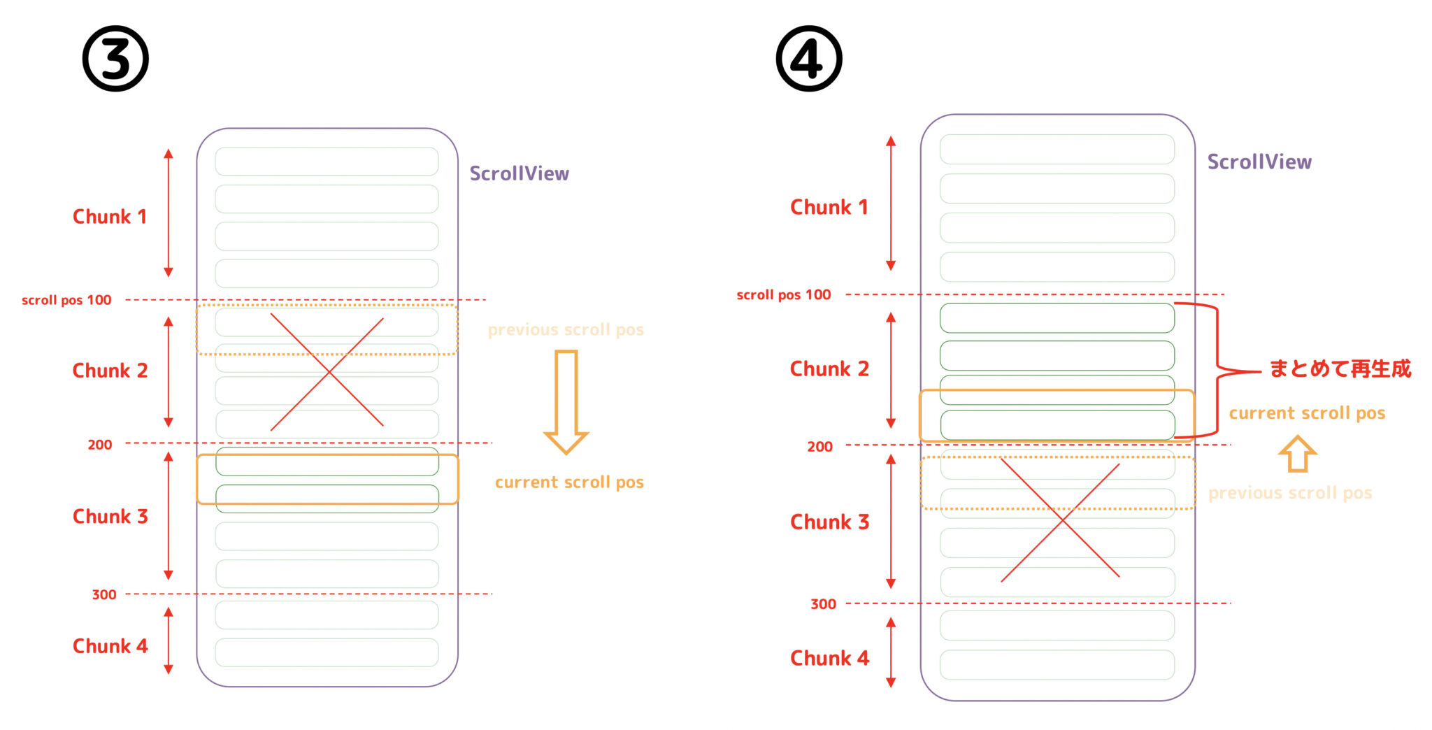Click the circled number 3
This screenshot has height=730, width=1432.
(x=115, y=59)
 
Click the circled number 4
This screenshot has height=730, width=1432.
(x=809, y=59)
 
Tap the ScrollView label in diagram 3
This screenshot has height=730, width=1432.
(x=519, y=173)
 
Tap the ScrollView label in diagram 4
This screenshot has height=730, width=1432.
(x=1259, y=162)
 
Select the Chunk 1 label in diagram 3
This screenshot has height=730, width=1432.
(x=110, y=217)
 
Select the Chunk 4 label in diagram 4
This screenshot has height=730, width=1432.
(x=829, y=658)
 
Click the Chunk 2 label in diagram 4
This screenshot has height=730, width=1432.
(x=829, y=368)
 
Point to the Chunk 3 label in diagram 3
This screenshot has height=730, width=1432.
(x=110, y=517)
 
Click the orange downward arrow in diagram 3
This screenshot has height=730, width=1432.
(x=566, y=402)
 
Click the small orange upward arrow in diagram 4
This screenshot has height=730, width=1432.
(x=1298, y=454)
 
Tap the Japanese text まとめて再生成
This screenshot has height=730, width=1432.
(x=1340, y=368)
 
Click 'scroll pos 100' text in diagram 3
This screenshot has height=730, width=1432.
(x=66, y=300)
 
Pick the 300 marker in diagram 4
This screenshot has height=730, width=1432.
(x=823, y=604)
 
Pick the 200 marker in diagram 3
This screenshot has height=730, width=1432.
(x=99, y=445)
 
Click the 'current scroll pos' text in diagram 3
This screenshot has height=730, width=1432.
(x=569, y=482)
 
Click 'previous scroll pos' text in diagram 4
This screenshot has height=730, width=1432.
(x=1290, y=493)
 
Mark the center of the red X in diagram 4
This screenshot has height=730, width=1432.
(x=1061, y=520)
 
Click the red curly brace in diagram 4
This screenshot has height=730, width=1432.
(x=1218, y=370)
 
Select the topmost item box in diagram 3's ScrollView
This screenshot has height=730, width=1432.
(x=327, y=162)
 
